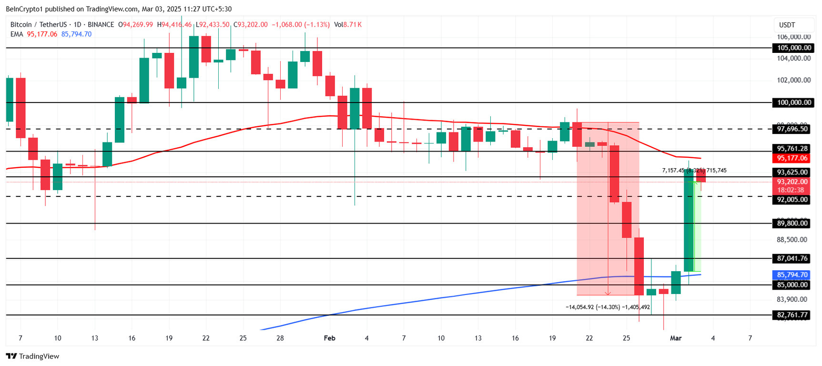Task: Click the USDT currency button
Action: click(x=787, y=25)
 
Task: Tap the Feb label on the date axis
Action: click(x=329, y=338)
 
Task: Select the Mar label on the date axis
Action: click(x=676, y=338)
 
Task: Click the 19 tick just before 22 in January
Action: click(x=169, y=338)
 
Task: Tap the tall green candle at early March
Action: click(x=689, y=219)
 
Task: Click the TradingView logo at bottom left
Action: click(x=32, y=356)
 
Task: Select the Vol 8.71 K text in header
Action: click(x=347, y=24)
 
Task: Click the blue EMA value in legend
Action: click(x=76, y=34)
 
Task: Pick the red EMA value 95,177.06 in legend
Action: click(x=42, y=34)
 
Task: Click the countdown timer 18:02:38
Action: click(x=791, y=190)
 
